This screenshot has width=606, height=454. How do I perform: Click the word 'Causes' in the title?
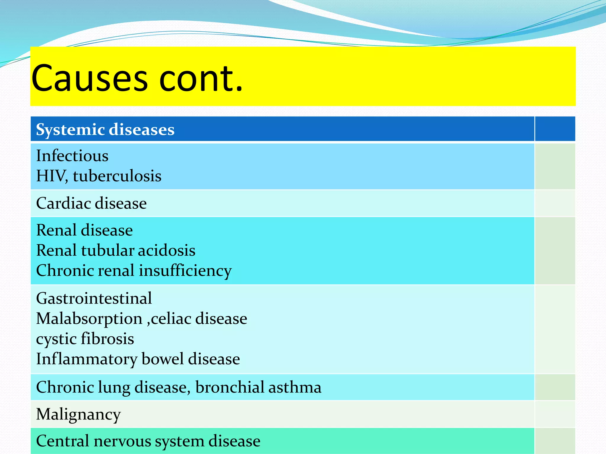tap(89, 78)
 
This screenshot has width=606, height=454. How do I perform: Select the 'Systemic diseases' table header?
tap(105, 129)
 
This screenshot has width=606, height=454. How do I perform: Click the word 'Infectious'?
tap(72, 156)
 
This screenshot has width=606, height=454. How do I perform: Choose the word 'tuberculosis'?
tap(117, 176)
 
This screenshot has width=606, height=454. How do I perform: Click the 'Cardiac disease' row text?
tap(91, 203)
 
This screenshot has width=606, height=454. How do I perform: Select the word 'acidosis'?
tap(167, 250)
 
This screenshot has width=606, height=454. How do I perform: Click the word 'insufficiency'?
tap(185, 271)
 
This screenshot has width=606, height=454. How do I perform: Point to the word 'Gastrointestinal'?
tap(94, 298)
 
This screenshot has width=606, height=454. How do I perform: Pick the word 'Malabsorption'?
tap(89, 319)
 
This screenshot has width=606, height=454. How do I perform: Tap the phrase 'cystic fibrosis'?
tap(85, 339)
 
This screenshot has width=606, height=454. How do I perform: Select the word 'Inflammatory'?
tap(87, 359)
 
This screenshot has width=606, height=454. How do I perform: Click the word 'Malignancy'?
tap(78, 414)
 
